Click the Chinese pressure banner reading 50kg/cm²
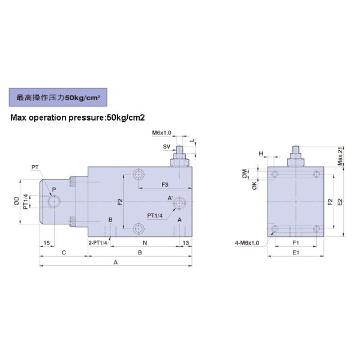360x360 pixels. (x=57, y=97)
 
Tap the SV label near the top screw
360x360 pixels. (x=166, y=146)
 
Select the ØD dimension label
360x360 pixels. (x=16, y=202)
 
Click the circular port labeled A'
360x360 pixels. (x=178, y=205)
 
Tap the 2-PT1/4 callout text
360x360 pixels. (x=97, y=242)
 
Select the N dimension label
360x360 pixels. (x=144, y=242)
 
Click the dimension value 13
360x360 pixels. (x=185, y=242)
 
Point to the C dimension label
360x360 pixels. (x=64, y=253)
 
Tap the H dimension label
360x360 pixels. (x=261, y=154)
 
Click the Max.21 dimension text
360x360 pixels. (x=340, y=157)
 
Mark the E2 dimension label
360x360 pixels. (x=340, y=202)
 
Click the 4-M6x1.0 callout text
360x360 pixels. (x=247, y=242)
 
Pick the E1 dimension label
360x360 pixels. (x=295, y=253)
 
